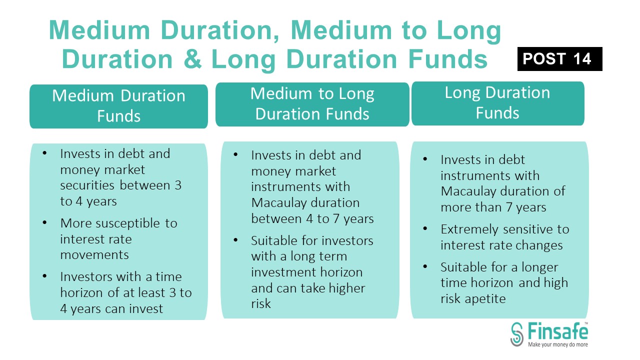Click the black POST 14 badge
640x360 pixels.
[559, 59]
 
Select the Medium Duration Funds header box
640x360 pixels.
[118, 106]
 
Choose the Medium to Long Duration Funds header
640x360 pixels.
[312, 104]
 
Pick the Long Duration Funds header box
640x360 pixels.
[497, 103]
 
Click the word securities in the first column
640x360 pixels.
[88, 185]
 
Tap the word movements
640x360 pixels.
[94, 254]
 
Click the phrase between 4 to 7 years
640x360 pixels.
[312, 219]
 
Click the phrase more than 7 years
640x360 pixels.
[493, 207]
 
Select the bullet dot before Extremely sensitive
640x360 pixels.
[425, 229]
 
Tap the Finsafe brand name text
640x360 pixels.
[557, 331]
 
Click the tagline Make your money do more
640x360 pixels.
[557, 344]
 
